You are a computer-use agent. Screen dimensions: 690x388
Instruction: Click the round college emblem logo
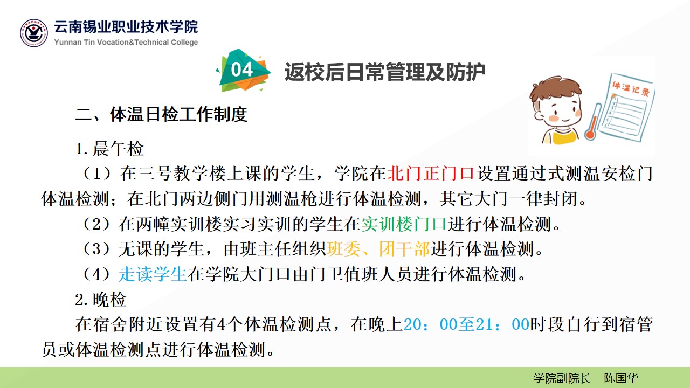pos(34,33)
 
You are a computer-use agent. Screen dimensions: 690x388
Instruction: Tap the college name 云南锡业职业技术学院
pos(126,27)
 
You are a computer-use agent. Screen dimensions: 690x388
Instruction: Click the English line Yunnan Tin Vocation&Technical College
pos(126,42)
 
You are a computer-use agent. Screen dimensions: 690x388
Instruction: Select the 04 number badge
pos(243,70)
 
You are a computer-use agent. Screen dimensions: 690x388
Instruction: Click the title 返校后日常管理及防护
pos(385,72)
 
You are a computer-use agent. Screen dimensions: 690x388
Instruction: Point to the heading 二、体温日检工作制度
pos(161,115)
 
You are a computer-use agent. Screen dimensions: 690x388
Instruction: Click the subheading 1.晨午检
pos(109,149)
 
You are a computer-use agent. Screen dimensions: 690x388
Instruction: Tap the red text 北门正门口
pos(431,174)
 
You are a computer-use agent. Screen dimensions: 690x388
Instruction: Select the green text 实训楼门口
pos(404,224)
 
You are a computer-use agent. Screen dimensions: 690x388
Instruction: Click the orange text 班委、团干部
pos(378,249)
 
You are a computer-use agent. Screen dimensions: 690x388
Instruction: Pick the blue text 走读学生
pos(153,274)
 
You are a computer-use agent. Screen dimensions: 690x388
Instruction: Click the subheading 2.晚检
pos(101,299)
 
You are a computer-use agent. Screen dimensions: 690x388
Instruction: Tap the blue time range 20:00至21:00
pos(466,324)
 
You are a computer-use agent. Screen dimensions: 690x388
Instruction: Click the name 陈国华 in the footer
pos(621,378)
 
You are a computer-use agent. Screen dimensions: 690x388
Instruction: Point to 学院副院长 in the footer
pos(562,378)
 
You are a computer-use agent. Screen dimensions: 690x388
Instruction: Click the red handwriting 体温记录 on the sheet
pos(631,88)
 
